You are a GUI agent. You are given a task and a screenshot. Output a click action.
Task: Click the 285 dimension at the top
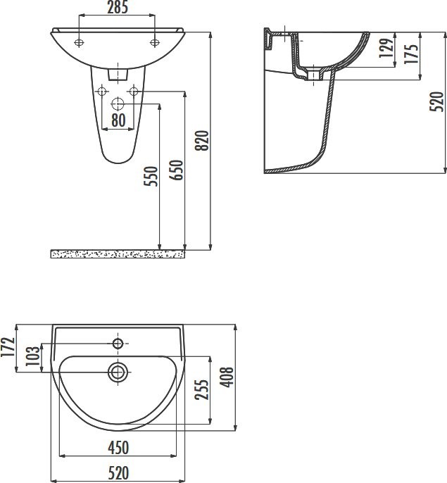(118, 8)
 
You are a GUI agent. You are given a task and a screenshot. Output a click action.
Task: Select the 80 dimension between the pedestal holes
(118, 121)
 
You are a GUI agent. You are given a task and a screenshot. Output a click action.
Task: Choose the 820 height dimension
(202, 142)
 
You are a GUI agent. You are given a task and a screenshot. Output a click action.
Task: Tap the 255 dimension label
(202, 390)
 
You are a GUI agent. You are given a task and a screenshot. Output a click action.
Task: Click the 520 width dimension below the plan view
(119, 472)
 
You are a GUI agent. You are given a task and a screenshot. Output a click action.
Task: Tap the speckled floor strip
(118, 253)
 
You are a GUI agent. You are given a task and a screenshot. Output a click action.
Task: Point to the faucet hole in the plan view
(118, 344)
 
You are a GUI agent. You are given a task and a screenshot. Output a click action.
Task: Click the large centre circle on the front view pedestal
(118, 103)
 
